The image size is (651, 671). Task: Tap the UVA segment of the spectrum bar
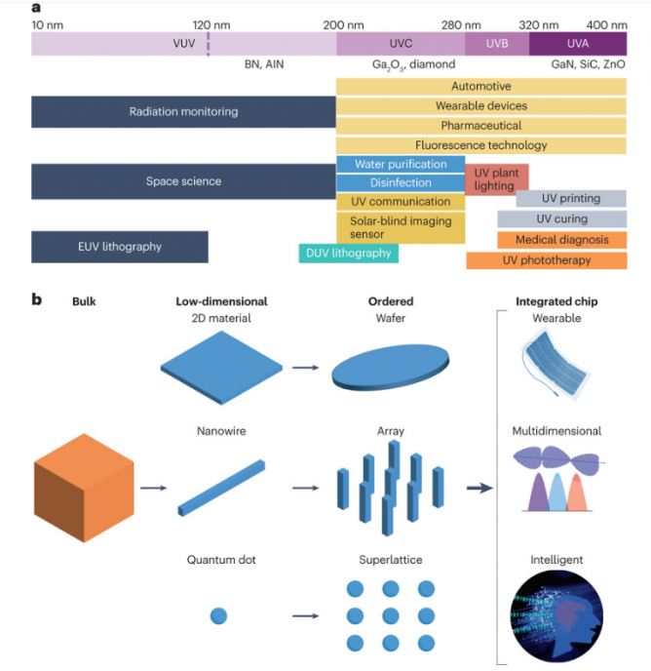click(578, 43)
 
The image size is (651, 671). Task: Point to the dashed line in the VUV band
click(208, 43)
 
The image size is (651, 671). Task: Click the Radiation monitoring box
click(183, 112)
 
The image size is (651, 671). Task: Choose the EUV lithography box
click(120, 247)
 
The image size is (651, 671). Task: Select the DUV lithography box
click(348, 254)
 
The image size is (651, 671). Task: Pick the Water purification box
click(401, 164)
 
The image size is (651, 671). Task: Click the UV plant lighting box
click(496, 178)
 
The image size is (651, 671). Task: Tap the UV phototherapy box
click(546, 260)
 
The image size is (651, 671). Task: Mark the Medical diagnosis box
click(562, 240)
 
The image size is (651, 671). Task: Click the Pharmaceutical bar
click(480, 126)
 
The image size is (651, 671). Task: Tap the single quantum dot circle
click(218, 615)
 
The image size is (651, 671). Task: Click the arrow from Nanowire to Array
click(304, 486)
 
